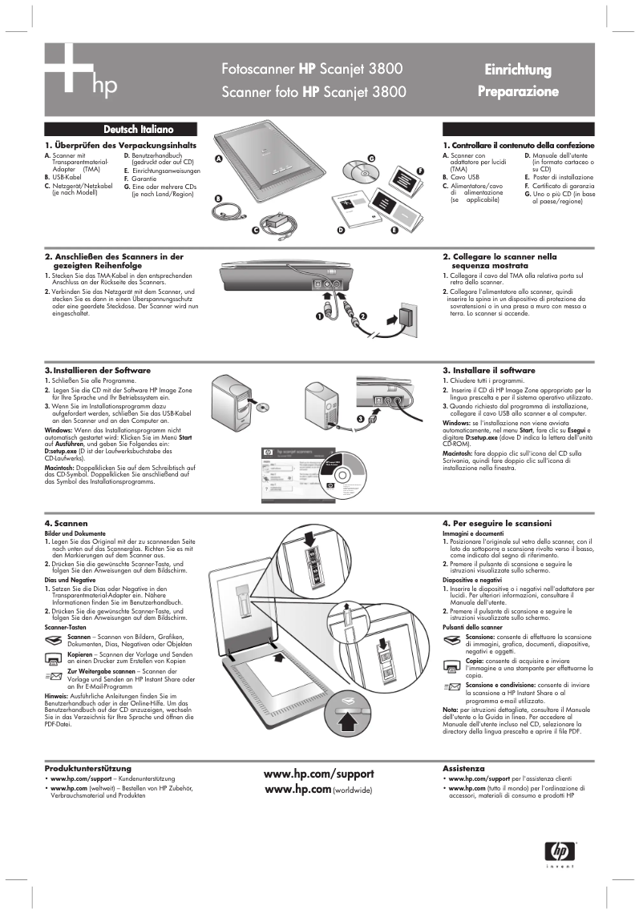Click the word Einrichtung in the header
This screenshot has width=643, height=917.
pos(517,70)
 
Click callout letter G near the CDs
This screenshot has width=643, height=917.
pos(371,158)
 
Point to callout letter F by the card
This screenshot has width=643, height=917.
pos(419,171)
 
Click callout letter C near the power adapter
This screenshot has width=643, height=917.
pos(255,231)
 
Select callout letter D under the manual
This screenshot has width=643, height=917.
pos(340,231)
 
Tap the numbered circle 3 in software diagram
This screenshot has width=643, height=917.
pos(361,419)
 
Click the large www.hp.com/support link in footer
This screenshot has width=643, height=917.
pos(319,774)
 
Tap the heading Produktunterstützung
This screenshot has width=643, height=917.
pos(88,768)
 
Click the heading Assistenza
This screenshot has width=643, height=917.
pos(463,768)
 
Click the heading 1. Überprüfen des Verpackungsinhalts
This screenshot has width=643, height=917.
pos(115,145)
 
